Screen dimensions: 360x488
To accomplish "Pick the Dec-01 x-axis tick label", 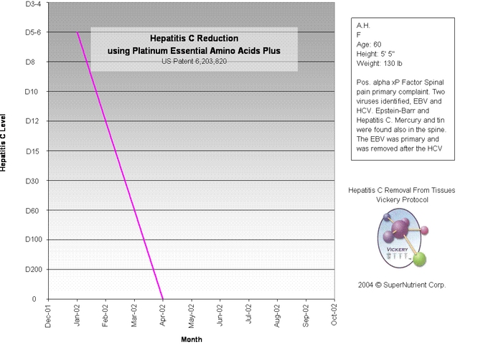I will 48,316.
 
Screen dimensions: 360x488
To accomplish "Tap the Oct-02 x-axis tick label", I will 334,316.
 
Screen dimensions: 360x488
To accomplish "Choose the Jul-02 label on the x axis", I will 248,316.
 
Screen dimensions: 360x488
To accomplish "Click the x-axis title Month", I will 191,340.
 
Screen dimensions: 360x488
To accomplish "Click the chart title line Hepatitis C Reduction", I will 194,38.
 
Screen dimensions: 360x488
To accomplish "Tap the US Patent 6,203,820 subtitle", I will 194,62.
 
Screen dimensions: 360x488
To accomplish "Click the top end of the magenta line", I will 78,32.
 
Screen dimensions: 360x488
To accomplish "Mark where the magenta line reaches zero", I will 162,298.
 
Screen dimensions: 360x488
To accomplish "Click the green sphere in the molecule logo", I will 421,259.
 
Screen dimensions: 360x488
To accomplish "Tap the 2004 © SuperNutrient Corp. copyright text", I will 402,285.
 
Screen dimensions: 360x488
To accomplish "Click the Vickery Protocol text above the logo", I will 402,199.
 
